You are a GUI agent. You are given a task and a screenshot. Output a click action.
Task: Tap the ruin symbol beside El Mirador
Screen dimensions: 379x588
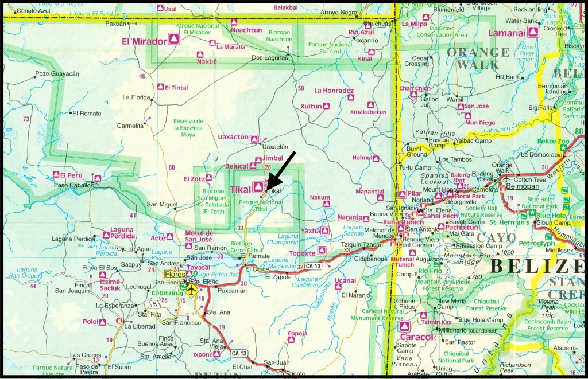pos(173,39)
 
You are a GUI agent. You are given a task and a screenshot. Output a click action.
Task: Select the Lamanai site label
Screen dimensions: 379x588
pos(507,33)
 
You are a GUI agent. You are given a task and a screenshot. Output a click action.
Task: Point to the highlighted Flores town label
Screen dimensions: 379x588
pos(175,275)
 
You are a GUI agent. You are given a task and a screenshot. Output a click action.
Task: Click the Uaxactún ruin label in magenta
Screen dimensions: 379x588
pos(234,137)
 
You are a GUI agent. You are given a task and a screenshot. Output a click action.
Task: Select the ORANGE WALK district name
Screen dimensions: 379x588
pos(478,58)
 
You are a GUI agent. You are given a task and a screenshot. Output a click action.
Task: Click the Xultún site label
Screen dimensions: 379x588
pos(311,106)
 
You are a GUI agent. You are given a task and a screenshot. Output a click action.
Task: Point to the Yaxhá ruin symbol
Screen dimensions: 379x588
pos(326,230)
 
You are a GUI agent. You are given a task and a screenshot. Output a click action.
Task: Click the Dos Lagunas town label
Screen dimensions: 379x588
pos(269,58)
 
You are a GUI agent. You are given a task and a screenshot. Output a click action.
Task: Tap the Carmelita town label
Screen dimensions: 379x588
pos(130,125)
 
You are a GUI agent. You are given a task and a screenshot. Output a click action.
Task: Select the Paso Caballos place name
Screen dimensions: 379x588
pos(73,185)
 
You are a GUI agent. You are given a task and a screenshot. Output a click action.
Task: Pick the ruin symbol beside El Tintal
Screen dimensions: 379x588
pos(161,87)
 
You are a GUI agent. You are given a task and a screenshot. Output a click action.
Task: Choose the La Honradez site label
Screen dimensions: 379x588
pos(334,91)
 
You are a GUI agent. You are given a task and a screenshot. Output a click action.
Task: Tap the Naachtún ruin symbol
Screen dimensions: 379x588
pos(234,22)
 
